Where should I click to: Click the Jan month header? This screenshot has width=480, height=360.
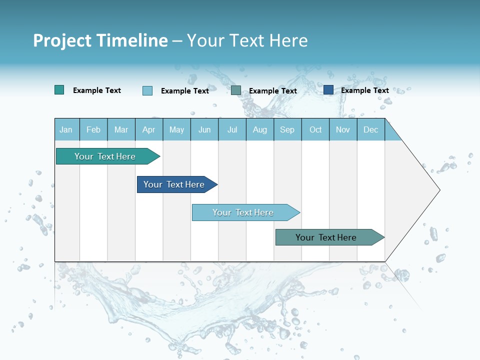66,129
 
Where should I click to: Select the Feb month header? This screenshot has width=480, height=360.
93,129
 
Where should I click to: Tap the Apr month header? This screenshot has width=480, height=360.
149,129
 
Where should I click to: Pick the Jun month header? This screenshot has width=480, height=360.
204,129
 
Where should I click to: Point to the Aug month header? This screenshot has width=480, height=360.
260,129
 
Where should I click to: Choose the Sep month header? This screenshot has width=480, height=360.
287,129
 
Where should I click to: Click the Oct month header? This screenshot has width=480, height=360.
315,129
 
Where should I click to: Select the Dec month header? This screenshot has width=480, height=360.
370,129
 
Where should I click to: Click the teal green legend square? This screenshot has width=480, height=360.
59,90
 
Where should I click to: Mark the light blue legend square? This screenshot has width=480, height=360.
147,90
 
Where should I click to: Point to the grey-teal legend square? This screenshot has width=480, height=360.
236,90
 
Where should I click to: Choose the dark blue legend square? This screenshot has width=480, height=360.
328,90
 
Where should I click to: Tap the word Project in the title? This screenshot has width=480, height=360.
61,40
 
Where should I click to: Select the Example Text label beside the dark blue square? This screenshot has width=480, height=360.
364,90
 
